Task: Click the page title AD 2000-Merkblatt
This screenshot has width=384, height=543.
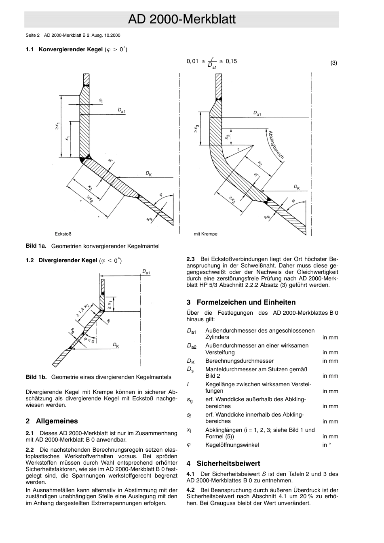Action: click(181, 19)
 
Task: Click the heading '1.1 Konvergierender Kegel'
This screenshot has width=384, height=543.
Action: click(76, 50)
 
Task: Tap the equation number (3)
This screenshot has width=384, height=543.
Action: click(333, 63)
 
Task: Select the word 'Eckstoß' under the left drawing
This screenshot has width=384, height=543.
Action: click(63, 234)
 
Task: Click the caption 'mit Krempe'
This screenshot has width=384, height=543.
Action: click(205, 234)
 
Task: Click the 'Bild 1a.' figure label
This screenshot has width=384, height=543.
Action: click(36, 246)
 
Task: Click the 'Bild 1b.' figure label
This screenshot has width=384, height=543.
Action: click(36, 377)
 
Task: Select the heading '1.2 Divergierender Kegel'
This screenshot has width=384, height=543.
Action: click(74, 261)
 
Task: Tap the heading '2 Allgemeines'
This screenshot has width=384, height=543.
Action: click(51, 421)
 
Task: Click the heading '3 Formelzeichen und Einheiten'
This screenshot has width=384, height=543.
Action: click(241, 302)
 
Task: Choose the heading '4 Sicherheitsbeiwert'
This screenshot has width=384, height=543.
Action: click(223, 463)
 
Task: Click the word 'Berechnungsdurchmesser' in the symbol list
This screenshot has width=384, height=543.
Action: click(239, 361)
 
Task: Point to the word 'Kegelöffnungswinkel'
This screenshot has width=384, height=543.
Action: click(232, 445)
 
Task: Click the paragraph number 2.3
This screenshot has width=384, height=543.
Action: click(190, 259)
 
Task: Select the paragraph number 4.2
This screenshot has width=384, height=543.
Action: click(190, 490)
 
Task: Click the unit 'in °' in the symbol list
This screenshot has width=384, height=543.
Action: click(327, 445)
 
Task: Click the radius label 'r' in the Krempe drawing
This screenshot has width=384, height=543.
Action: click(238, 149)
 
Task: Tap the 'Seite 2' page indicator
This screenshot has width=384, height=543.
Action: click(32, 35)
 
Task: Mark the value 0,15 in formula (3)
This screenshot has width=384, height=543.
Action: click(231, 61)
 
